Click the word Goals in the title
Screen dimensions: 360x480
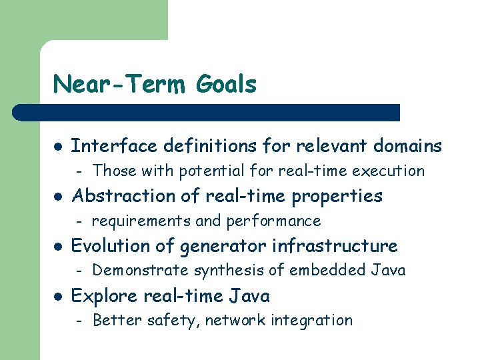tap(227, 85)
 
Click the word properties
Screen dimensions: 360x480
tap(341, 196)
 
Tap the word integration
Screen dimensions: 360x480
tap(313, 321)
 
